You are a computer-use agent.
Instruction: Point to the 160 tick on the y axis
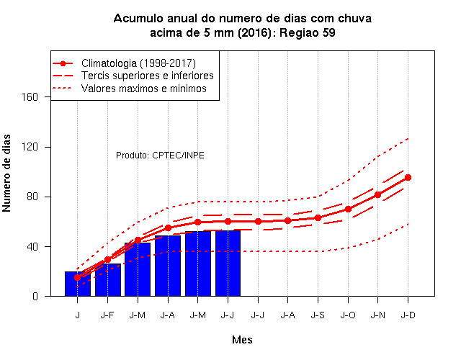coord(30,97)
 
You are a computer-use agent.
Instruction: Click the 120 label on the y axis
coord(30,147)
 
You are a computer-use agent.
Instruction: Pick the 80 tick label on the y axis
coord(32,197)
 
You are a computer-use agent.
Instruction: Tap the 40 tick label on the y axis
coord(32,246)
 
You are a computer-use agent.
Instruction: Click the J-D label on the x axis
coord(408,315)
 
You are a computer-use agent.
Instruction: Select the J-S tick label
coord(318,315)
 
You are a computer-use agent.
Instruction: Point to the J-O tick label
coord(348,315)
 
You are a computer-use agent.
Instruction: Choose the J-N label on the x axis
coord(377,315)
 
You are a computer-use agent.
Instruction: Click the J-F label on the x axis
coord(107,315)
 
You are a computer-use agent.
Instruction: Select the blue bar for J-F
coord(108,280)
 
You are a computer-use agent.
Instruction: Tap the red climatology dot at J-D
coord(408,178)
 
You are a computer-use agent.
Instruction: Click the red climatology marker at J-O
coord(348,210)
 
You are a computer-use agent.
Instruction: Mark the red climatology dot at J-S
coord(318,217)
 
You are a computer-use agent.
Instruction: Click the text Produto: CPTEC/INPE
coord(160,156)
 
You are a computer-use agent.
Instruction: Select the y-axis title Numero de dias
coord(6,173)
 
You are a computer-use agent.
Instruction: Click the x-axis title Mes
coord(242,340)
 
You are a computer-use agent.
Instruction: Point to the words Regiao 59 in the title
coord(308,32)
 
